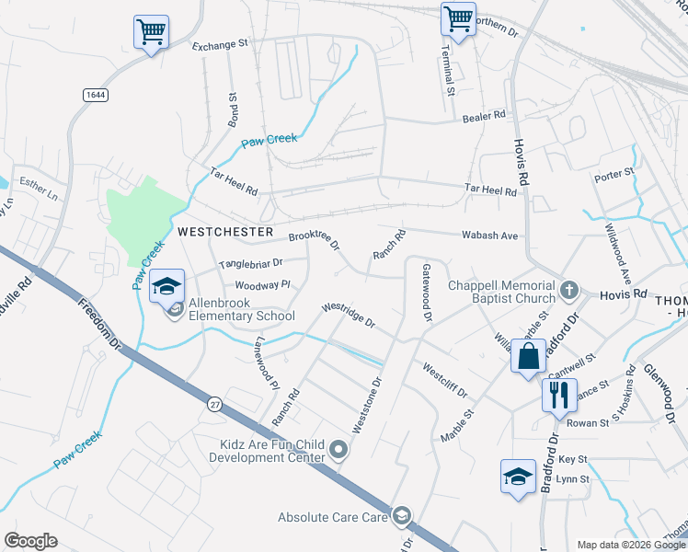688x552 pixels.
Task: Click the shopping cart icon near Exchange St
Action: pos(151,31)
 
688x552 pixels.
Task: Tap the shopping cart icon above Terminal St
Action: pos(457,18)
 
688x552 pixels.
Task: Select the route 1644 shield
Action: pos(94,95)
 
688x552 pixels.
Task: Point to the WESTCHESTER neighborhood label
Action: pos(225,232)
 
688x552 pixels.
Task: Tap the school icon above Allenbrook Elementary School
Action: pos(166,286)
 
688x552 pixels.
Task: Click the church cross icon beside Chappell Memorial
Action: pos(569,291)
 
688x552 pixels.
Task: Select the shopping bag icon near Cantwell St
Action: pos(529,356)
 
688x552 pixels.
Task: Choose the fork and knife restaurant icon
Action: pos(558,396)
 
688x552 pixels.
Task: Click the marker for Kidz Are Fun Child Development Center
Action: pos(339,450)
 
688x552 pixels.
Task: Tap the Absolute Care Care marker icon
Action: pos(401,516)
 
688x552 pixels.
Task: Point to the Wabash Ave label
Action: pos(489,236)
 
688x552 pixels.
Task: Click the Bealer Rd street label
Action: pos(485,116)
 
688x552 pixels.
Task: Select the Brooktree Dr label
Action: pos(315,240)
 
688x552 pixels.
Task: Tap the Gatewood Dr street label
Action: pos(427,293)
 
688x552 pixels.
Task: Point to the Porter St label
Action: pos(614,173)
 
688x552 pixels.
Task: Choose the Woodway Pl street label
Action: pos(262,285)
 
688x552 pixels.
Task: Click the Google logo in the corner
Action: pos(30,541)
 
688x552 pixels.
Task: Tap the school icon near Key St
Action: pos(518,477)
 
